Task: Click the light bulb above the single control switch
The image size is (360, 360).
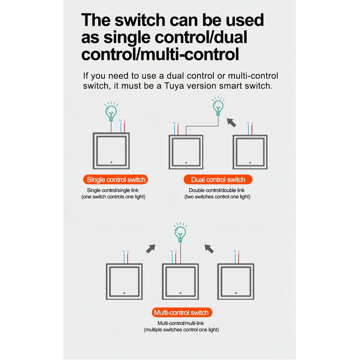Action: point(110,111)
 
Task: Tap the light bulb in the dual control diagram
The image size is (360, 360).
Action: point(218,106)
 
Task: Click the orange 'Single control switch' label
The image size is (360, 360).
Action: point(116,180)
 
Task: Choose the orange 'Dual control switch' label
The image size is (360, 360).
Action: point(218,180)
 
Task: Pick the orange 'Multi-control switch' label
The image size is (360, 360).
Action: point(181,312)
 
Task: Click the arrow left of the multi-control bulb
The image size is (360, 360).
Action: point(152,247)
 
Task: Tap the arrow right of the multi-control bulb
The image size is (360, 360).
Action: point(208,247)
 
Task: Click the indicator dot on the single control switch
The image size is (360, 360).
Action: point(111,162)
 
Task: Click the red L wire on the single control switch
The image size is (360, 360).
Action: point(124,127)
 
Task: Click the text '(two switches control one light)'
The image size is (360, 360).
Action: point(217,197)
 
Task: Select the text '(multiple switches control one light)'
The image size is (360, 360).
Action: point(181,330)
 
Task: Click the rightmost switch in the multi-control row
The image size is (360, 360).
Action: point(236,281)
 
